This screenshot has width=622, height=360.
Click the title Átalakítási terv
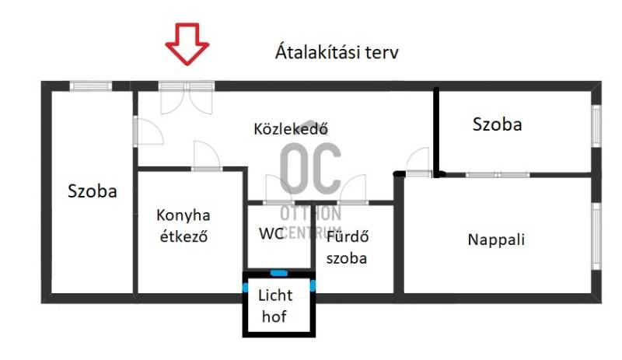tap(337, 52)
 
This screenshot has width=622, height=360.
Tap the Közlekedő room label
tap(291, 128)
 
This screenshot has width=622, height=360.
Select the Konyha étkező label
tap(183, 225)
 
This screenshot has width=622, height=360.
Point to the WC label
tap(271, 233)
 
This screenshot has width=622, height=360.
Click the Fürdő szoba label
tap(347, 247)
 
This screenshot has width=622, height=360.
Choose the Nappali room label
tap(496, 239)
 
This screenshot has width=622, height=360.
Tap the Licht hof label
tap(275, 306)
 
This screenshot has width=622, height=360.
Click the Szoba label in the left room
tap(93, 191)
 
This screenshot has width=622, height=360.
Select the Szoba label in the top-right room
tap(497, 124)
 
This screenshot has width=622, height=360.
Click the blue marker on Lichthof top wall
tap(278, 273)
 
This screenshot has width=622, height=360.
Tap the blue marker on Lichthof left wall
tap(245, 288)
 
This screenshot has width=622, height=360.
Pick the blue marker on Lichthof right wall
tap(313, 285)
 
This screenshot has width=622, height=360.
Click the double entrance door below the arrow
tap(187, 97)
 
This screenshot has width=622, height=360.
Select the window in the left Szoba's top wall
tap(91, 86)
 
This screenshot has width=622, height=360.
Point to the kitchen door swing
tap(206, 156)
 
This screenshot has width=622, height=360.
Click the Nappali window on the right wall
tap(596, 236)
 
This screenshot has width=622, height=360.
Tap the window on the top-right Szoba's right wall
tap(596, 126)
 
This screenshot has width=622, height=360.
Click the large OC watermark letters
tap(311, 169)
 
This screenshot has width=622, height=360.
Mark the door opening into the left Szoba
tap(149, 131)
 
